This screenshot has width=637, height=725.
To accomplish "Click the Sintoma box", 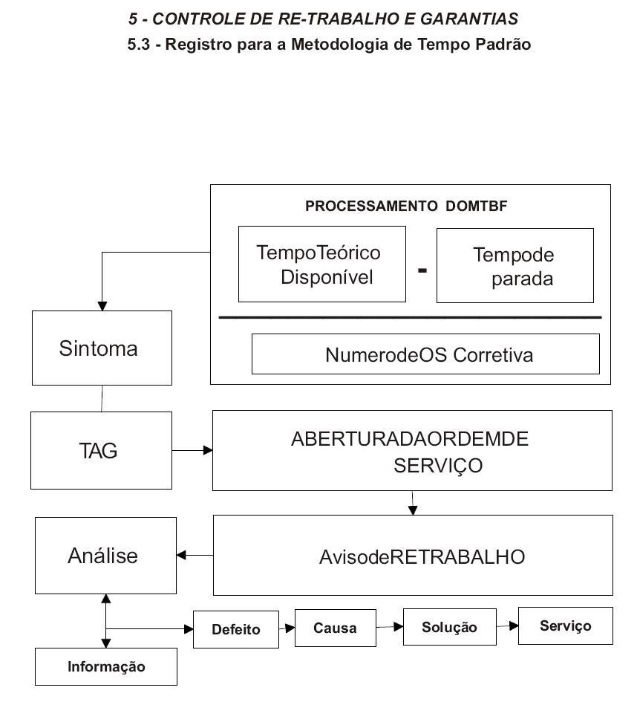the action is [x=102, y=348].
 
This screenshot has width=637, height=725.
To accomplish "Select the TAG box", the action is [x=101, y=450].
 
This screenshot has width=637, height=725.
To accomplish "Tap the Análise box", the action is [x=106, y=556].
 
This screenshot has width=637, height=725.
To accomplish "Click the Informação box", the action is [x=106, y=666].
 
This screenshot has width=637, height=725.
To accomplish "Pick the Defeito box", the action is [x=236, y=629].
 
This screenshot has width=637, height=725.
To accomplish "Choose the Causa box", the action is [x=335, y=628].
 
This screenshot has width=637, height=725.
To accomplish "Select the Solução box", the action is [x=450, y=627].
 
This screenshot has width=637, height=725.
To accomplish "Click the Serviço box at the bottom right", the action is [x=565, y=625].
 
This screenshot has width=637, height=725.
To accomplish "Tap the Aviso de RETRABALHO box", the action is [x=413, y=556].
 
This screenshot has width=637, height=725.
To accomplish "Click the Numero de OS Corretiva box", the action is [x=425, y=354].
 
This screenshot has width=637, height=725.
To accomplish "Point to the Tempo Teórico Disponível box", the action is [x=321, y=264].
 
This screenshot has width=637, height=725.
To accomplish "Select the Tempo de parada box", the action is [x=515, y=266].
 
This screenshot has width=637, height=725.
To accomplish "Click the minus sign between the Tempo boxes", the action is [x=422, y=270].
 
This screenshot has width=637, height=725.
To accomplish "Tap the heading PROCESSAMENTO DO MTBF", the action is [x=406, y=206].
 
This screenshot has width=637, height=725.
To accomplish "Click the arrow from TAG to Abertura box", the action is [x=192, y=450].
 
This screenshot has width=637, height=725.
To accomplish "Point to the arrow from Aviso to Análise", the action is [x=195, y=555].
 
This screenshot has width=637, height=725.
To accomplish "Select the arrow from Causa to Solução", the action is [x=390, y=627].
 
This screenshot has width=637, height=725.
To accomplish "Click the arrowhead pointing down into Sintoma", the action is [x=102, y=306].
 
